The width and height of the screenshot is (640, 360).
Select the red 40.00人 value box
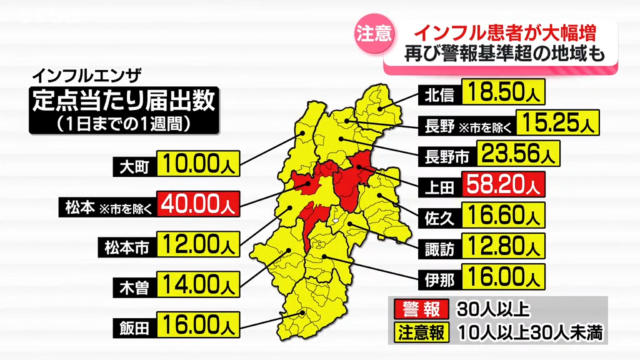[196, 204]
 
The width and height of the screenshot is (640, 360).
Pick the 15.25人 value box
[557, 123]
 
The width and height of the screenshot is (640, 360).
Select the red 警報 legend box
[419, 309]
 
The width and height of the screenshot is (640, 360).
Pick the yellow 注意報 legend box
[419, 332]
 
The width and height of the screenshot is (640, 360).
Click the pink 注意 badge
[374, 34]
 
